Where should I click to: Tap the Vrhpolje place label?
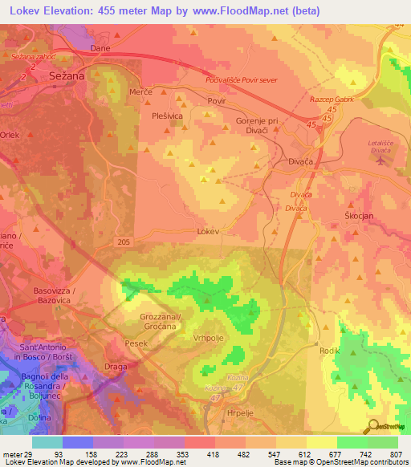coord(209,338)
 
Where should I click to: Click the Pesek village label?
coord(137,343)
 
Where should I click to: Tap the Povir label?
coord(217,102)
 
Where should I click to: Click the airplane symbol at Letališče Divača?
coord(379,159)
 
